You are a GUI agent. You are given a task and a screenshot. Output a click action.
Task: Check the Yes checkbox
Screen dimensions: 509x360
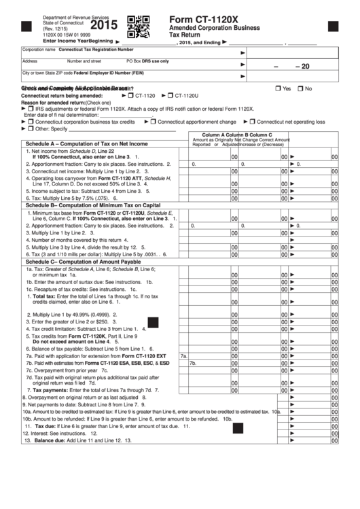278,89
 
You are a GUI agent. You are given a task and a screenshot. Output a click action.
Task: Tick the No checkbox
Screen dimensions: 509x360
301,89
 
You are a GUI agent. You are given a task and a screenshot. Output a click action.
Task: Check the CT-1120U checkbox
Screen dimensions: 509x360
170,96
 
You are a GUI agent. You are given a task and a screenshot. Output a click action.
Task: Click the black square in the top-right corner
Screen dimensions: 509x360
333,27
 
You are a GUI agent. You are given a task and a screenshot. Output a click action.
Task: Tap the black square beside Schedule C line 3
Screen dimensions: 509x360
153,322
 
